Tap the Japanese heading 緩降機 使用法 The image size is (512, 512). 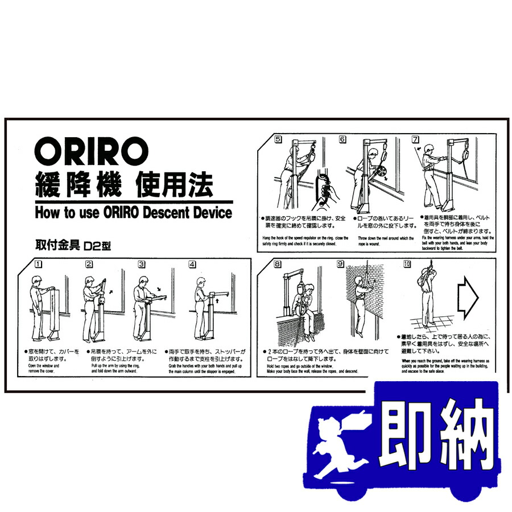pyautogui.click(x=124, y=184)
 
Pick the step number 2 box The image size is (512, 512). pyautogui.click(x=89, y=264)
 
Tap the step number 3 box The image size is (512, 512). pyautogui.click(x=142, y=264)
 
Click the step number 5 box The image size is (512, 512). pyautogui.click(x=278, y=139)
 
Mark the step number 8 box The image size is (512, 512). pyautogui.click(x=277, y=264)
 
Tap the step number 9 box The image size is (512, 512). pyautogui.click(x=340, y=264)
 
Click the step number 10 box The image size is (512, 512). pyautogui.click(x=407, y=264)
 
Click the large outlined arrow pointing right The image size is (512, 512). pyautogui.click(x=469, y=298)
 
